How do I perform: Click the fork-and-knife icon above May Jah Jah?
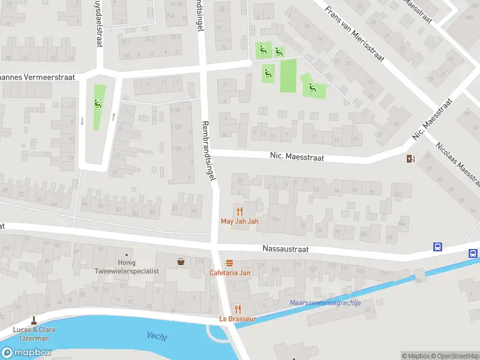[239, 211]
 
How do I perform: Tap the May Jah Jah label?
[239, 221]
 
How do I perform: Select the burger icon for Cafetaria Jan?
[229, 263]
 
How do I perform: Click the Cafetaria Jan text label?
[229, 273]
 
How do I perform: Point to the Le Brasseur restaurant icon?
[238, 309]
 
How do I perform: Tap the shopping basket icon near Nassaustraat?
[181, 262]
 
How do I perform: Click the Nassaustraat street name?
[285, 248]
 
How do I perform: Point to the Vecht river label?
[157, 337]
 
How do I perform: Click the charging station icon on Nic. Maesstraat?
[410, 159]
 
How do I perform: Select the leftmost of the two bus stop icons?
[438, 247]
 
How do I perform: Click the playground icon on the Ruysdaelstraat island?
[97, 103]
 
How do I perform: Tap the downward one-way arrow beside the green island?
[82, 121]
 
